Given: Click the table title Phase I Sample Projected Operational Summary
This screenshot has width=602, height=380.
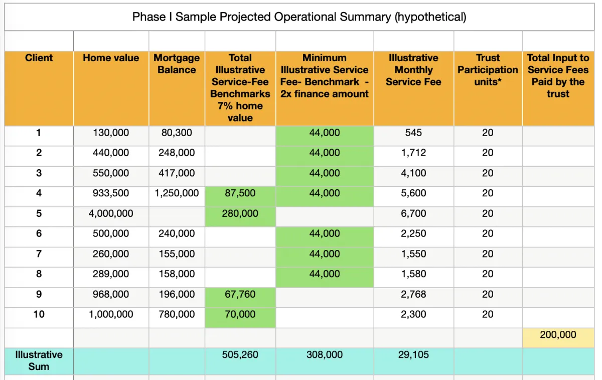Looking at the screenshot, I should tap(299, 17).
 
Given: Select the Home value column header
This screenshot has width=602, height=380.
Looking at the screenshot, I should tap(111, 58).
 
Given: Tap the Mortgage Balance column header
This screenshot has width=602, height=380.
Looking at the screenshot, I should tap(177, 64).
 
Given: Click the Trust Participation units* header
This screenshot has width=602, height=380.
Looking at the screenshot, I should tap(488, 70).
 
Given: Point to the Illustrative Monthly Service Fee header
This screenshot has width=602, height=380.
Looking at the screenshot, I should tap(413, 70).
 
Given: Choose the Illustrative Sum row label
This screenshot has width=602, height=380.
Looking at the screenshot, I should tap(39, 360).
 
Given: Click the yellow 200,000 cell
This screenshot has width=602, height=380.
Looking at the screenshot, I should tap(558, 335).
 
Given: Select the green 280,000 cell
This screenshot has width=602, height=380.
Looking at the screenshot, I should tap(240, 214).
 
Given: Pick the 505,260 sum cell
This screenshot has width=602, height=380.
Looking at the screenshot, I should tap(240, 355).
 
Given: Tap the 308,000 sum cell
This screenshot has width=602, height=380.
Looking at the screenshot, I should tap(325, 355).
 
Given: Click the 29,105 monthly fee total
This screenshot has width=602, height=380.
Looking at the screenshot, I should tap(413, 355).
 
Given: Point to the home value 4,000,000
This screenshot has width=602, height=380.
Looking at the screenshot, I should tap(111, 214).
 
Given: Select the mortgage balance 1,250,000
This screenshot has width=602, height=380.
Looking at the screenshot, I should tap(177, 193).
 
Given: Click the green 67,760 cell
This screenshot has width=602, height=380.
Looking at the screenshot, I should tap(240, 294).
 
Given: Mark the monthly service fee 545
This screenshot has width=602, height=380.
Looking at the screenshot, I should tap(413, 133).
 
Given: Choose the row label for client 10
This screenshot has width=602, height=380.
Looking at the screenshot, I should tap(39, 315).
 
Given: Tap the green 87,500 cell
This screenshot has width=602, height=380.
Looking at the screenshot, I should tap(240, 193).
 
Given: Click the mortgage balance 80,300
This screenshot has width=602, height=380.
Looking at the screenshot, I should tap(177, 133).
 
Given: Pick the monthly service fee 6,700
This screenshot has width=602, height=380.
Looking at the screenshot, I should tap(413, 214).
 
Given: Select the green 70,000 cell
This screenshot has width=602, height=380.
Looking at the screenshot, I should tap(240, 315).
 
